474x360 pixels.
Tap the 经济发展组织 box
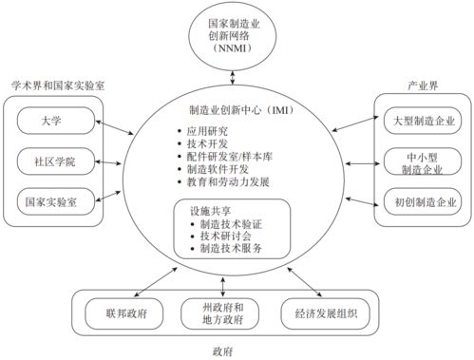[324, 313]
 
